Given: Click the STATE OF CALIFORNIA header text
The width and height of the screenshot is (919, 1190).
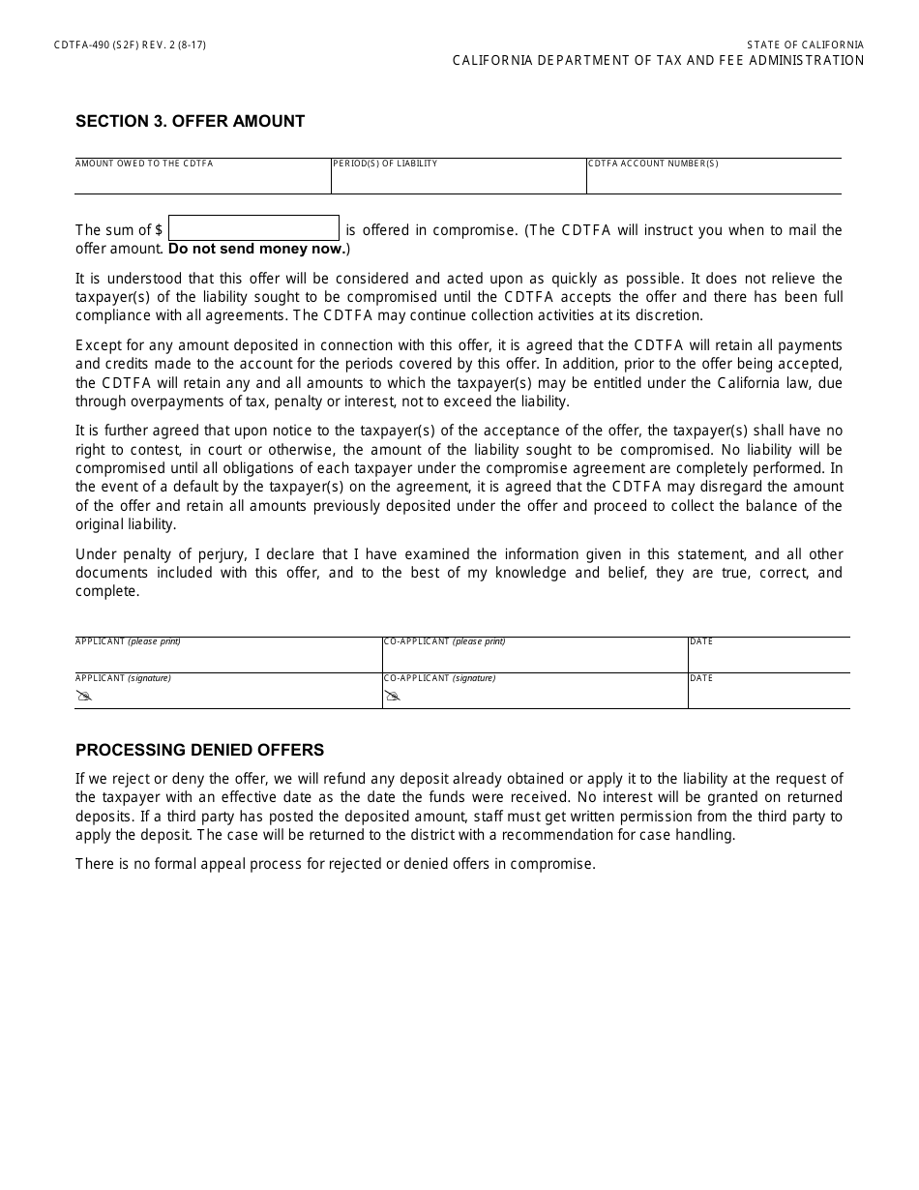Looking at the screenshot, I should pos(805,45).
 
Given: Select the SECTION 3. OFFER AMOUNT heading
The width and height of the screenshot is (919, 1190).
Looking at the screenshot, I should pos(190,121).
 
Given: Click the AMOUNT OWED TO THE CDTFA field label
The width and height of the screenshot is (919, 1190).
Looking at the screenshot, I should pos(144,164).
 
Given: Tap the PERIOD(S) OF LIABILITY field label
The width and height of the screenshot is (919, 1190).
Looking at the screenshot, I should pos(385,164).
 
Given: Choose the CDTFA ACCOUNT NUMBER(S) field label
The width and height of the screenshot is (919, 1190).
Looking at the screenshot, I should pos(653,164).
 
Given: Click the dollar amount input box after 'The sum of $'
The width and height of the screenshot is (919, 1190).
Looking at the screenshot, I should pos(253,228).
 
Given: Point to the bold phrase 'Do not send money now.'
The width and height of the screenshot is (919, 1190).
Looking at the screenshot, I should pos(257,249).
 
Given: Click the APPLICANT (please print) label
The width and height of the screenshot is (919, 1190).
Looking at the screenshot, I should pos(128,641).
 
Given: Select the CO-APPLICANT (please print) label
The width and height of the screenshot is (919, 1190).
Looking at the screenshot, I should pos(444,641).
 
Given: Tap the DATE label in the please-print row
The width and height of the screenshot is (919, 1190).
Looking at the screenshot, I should pos(701,641).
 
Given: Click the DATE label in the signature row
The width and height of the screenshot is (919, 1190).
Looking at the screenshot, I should pos(701,678).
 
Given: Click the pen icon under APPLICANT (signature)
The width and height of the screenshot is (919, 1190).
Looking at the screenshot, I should pos(84,696).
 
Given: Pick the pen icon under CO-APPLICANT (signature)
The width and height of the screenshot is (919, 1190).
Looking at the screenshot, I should pos(392,696).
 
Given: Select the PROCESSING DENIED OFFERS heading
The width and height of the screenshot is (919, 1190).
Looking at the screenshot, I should pos(199,750).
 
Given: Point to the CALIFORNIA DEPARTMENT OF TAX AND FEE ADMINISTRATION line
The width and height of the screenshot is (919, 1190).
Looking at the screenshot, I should pos(658,61).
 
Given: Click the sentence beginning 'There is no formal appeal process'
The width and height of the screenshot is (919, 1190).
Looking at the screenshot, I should pos(335,864).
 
